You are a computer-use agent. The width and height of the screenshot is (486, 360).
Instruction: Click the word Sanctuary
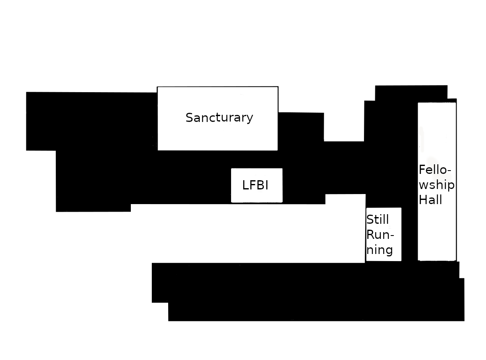tap(219, 118)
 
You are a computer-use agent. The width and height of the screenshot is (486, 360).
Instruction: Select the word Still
tap(377, 220)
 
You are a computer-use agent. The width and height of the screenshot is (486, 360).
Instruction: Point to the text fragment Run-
tap(380, 235)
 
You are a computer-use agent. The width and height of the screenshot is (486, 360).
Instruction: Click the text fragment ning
tap(379, 250)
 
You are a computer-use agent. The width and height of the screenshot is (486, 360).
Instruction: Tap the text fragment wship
tap(436, 185)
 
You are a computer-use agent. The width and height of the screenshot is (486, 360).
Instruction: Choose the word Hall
tap(430, 200)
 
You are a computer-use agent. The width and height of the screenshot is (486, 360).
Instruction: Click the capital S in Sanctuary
tap(190, 118)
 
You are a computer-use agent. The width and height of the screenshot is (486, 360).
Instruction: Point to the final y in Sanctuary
tap(250, 119)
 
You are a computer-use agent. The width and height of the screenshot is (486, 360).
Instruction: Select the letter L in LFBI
tap(245, 185)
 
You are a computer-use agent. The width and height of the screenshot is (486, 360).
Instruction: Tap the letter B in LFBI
tap(260, 185)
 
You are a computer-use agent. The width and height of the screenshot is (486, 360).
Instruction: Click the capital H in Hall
tap(423, 200)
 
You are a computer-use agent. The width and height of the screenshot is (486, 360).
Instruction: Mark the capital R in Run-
tap(370, 235)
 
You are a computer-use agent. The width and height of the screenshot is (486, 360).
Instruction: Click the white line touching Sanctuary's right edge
tap(284, 112)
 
